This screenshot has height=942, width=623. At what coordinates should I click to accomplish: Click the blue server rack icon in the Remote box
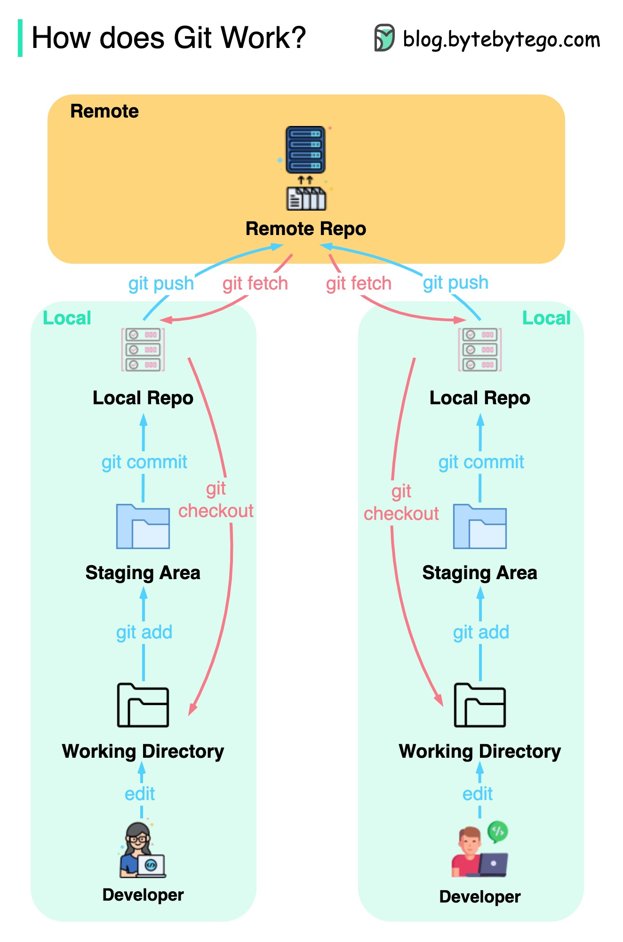click(305, 149)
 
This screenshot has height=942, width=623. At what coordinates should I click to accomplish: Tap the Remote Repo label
click(305, 229)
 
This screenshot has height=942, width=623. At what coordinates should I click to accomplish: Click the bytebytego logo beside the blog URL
click(384, 38)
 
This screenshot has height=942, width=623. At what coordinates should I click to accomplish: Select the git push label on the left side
click(161, 283)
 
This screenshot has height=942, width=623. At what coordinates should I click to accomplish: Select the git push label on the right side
click(455, 283)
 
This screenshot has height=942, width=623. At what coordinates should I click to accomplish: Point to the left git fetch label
click(255, 283)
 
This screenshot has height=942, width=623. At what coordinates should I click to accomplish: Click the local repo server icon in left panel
click(143, 350)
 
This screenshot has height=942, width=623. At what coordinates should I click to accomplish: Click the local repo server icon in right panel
click(479, 350)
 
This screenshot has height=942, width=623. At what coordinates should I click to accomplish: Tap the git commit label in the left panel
click(144, 462)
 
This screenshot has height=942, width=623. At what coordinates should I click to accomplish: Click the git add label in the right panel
click(480, 632)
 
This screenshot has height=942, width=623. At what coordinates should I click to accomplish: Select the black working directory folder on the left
click(143, 705)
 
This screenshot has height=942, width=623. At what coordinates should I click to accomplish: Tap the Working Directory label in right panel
click(479, 751)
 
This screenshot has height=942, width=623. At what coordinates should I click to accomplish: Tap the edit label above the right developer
click(477, 794)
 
